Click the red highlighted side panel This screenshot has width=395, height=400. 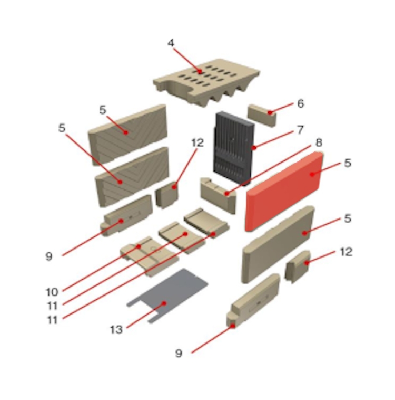click(x=284, y=192)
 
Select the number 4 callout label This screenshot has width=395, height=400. click(x=171, y=43)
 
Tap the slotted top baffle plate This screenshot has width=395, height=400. click(x=206, y=82)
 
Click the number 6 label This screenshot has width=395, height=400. click(x=301, y=103)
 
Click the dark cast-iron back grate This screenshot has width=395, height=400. click(x=233, y=148)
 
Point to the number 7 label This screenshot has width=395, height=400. click(x=300, y=130)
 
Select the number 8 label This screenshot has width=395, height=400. click(x=319, y=143)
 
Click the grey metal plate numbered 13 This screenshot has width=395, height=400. click(x=168, y=296)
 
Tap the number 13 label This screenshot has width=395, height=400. click(x=116, y=330)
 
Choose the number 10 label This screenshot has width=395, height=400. click(x=52, y=292)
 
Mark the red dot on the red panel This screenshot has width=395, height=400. click(x=312, y=174)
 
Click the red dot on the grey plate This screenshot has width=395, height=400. click(x=164, y=303)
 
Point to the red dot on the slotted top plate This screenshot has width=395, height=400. click(x=200, y=72)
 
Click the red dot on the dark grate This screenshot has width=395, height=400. click(x=254, y=148)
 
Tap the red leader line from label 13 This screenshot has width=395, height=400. click(x=145, y=316)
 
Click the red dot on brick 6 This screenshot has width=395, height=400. click(x=270, y=112)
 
